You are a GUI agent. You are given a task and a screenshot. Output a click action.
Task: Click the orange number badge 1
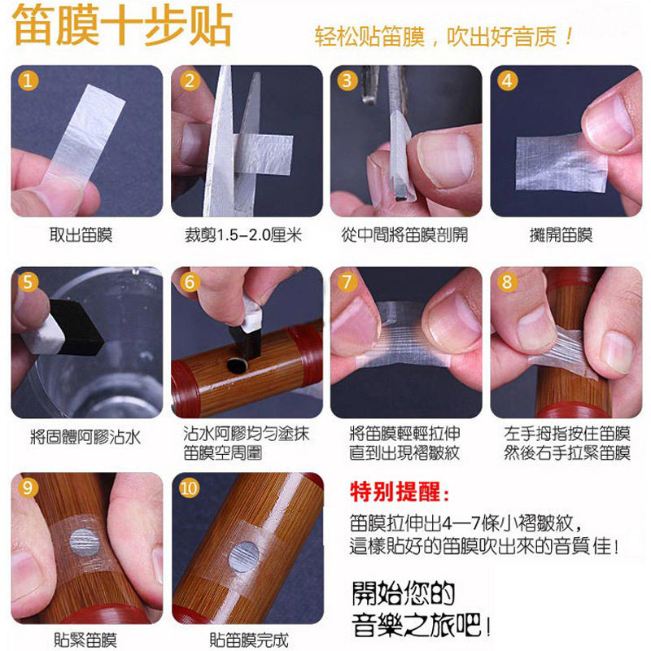29,81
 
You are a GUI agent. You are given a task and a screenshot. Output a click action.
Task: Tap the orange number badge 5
29,282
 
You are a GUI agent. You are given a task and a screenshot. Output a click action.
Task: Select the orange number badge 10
190,488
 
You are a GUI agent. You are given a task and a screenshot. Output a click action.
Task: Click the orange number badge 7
348,282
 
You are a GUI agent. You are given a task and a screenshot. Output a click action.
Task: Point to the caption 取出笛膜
81,235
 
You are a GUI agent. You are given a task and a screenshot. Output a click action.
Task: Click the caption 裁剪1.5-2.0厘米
243,235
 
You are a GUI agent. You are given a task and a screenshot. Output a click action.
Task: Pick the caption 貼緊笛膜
84,640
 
